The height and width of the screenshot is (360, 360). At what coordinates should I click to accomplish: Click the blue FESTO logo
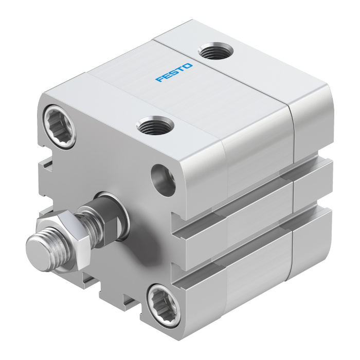pos(174,73)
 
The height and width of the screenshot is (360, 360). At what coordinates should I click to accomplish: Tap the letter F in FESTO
pos(159,79)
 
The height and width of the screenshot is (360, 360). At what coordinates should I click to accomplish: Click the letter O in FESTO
pos(188,66)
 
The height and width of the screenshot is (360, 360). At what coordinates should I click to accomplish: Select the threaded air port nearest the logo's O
pos(215,51)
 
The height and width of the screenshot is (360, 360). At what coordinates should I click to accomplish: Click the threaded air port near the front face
pos(155,125)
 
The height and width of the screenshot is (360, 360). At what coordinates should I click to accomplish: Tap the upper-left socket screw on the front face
pos(59,126)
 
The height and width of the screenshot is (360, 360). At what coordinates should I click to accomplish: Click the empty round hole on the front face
pos(163,181)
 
